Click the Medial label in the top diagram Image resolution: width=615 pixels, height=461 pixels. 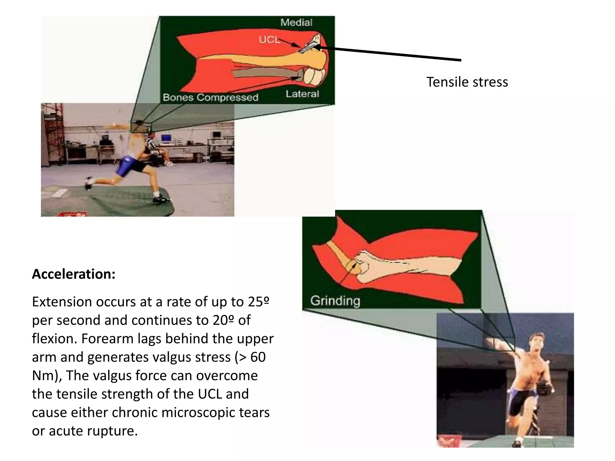(296, 23)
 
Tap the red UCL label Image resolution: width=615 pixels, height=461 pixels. (269, 40)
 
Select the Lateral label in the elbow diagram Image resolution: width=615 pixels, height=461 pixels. (302, 94)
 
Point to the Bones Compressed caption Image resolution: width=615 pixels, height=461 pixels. (210, 98)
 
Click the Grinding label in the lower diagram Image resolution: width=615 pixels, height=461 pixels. (335, 301)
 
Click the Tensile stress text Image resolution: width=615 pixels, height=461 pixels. (467, 82)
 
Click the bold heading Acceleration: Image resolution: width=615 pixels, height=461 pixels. (74, 274)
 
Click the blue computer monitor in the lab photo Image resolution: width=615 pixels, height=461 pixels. (166, 138)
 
